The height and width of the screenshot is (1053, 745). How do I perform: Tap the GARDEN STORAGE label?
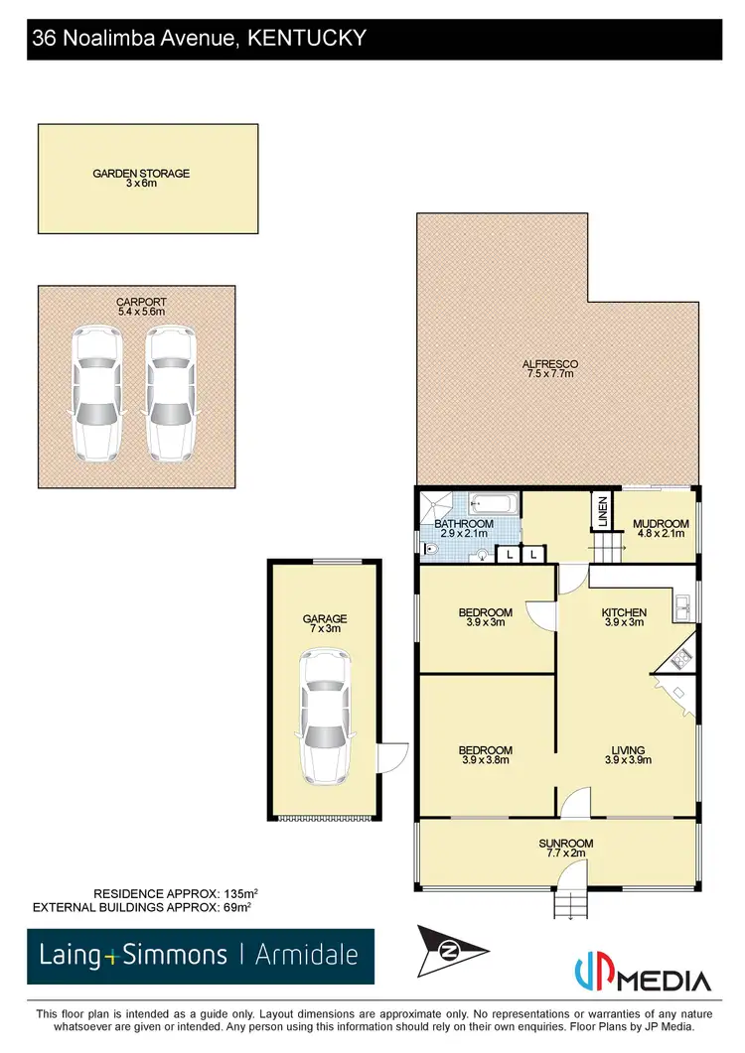click(x=141, y=178)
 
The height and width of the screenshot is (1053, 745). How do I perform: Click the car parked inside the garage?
click(x=323, y=715)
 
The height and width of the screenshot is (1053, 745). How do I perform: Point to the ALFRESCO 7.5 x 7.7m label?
click(x=549, y=369)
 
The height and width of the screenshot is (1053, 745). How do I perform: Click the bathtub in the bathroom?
click(x=493, y=504)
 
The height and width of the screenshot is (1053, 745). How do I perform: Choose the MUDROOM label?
click(x=661, y=528)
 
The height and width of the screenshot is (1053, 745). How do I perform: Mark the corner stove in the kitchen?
click(x=680, y=655)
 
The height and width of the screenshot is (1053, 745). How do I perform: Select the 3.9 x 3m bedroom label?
click(x=485, y=617)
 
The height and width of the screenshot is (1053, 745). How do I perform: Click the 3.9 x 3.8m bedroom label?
click(x=486, y=755)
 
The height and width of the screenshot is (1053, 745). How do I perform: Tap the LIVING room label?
click(x=628, y=755)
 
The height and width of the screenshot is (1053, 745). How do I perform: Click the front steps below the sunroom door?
click(x=570, y=903)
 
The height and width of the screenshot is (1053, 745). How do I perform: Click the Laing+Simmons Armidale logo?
click(x=201, y=957)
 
